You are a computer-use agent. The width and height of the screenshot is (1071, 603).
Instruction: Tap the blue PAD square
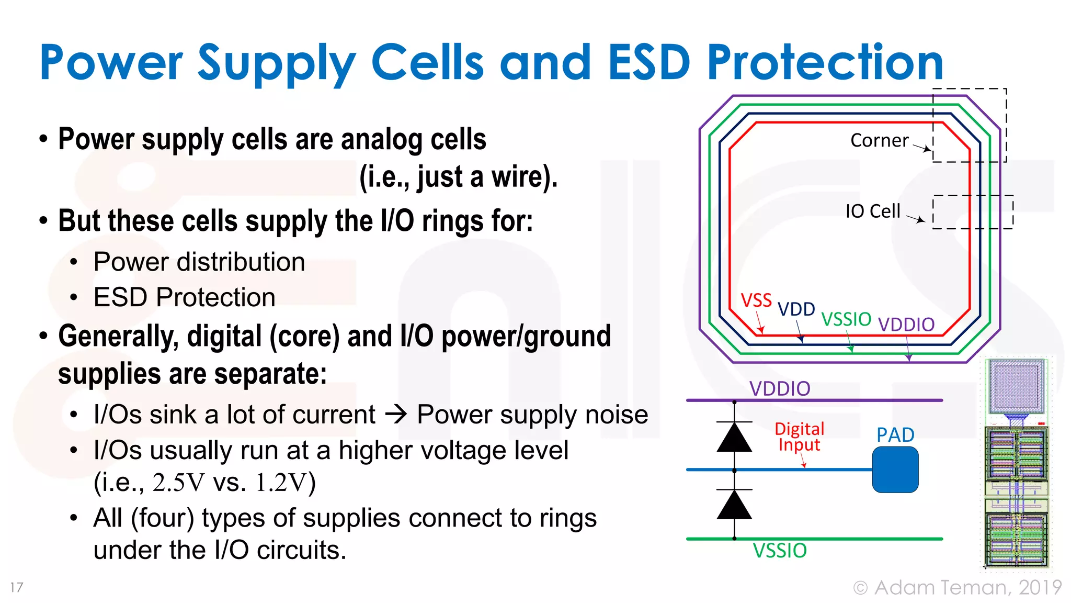[895, 470]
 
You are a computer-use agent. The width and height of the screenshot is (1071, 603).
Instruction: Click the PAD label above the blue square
[895, 435]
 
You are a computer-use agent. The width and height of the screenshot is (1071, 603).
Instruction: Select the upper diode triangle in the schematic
[734, 438]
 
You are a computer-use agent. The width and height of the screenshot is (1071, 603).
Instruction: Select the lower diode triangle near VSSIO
[734, 506]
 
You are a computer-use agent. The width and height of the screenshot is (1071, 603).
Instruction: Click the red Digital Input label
[799, 437]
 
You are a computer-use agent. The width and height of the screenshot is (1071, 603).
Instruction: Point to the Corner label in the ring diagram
[879, 140]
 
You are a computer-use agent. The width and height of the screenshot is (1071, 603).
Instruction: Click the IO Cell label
[872, 211]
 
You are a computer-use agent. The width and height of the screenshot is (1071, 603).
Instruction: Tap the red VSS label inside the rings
[756, 300]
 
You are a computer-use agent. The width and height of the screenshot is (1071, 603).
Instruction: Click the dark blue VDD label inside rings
[796, 309]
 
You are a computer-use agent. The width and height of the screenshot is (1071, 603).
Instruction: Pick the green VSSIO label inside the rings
[846, 319]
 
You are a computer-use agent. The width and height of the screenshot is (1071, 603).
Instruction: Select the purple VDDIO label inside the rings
[906, 325]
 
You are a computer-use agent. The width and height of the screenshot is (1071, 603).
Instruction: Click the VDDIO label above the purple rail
[779, 388]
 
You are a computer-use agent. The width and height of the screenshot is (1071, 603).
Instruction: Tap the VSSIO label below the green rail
[779, 551]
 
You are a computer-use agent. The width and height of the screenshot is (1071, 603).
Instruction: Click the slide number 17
[17, 587]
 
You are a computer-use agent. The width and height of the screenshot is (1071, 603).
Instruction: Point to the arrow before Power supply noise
[396, 415]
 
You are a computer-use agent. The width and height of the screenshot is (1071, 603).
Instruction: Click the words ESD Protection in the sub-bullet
[184, 297]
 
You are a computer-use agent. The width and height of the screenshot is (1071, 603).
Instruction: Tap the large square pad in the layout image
[1016, 386]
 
